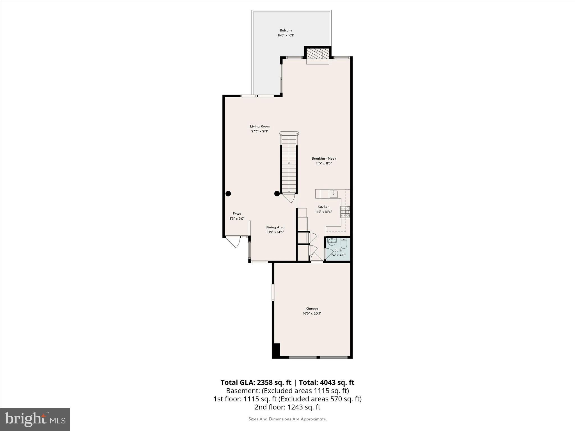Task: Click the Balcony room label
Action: pos(286,30)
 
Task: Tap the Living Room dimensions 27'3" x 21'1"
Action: pos(260,131)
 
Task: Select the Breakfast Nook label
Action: pos(324,159)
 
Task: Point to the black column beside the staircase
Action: pos(277,193)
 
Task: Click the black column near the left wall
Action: pos(228,193)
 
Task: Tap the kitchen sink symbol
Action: pos(334,193)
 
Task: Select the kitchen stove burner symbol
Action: pos(345,212)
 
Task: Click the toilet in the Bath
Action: pos(344,243)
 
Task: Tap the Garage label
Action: pos(312,308)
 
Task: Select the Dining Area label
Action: pos(275,227)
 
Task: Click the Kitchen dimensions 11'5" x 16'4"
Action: pos(323,212)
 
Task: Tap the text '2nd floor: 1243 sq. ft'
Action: pos(287,407)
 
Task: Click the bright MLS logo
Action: pos(35,419)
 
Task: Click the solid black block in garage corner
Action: pos(276,350)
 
